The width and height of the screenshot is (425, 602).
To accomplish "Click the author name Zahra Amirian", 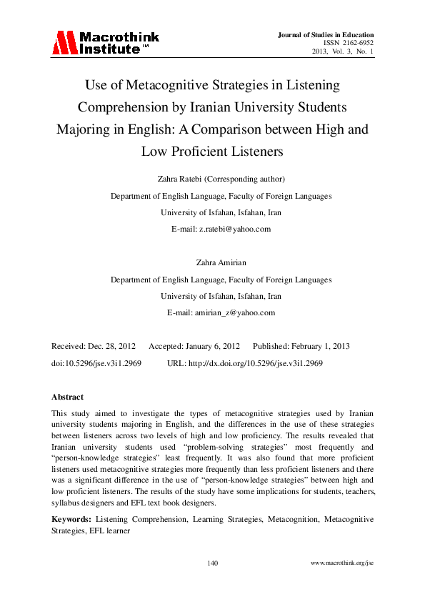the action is click(x=221, y=263).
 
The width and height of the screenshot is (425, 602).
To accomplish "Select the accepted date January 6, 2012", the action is click(x=204, y=346).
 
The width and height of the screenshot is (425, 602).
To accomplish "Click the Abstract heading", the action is click(x=67, y=396).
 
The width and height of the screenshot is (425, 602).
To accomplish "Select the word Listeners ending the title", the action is click(x=254, y=152).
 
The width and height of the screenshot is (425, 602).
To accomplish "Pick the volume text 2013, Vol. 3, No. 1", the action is click(x=342, y=52).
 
